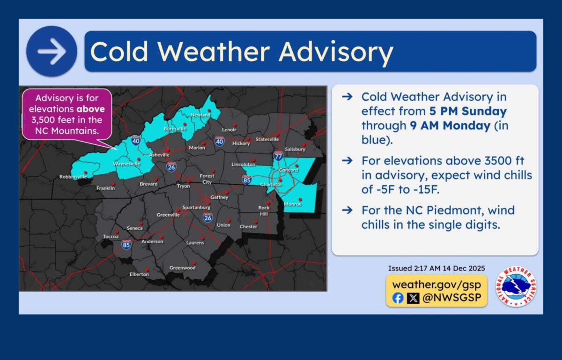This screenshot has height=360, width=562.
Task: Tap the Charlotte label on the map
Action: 271,185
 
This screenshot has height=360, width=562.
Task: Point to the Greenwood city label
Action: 182,268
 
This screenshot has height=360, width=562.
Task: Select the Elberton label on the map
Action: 139,274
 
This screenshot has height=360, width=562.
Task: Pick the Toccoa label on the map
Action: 111,237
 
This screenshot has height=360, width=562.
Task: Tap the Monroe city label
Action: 293,205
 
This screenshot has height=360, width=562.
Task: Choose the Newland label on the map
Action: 200,115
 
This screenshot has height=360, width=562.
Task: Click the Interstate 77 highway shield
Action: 278,157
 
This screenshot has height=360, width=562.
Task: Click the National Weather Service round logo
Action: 516,286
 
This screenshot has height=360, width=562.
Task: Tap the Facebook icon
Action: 398,298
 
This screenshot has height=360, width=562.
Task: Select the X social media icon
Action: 413,298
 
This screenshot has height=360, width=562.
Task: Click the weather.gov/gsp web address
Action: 436,284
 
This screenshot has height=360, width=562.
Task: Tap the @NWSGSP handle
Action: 451,298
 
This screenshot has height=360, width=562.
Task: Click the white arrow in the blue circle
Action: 52,52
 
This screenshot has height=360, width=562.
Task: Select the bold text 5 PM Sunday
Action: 468,112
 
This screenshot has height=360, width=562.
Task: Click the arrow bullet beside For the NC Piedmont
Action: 347,210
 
